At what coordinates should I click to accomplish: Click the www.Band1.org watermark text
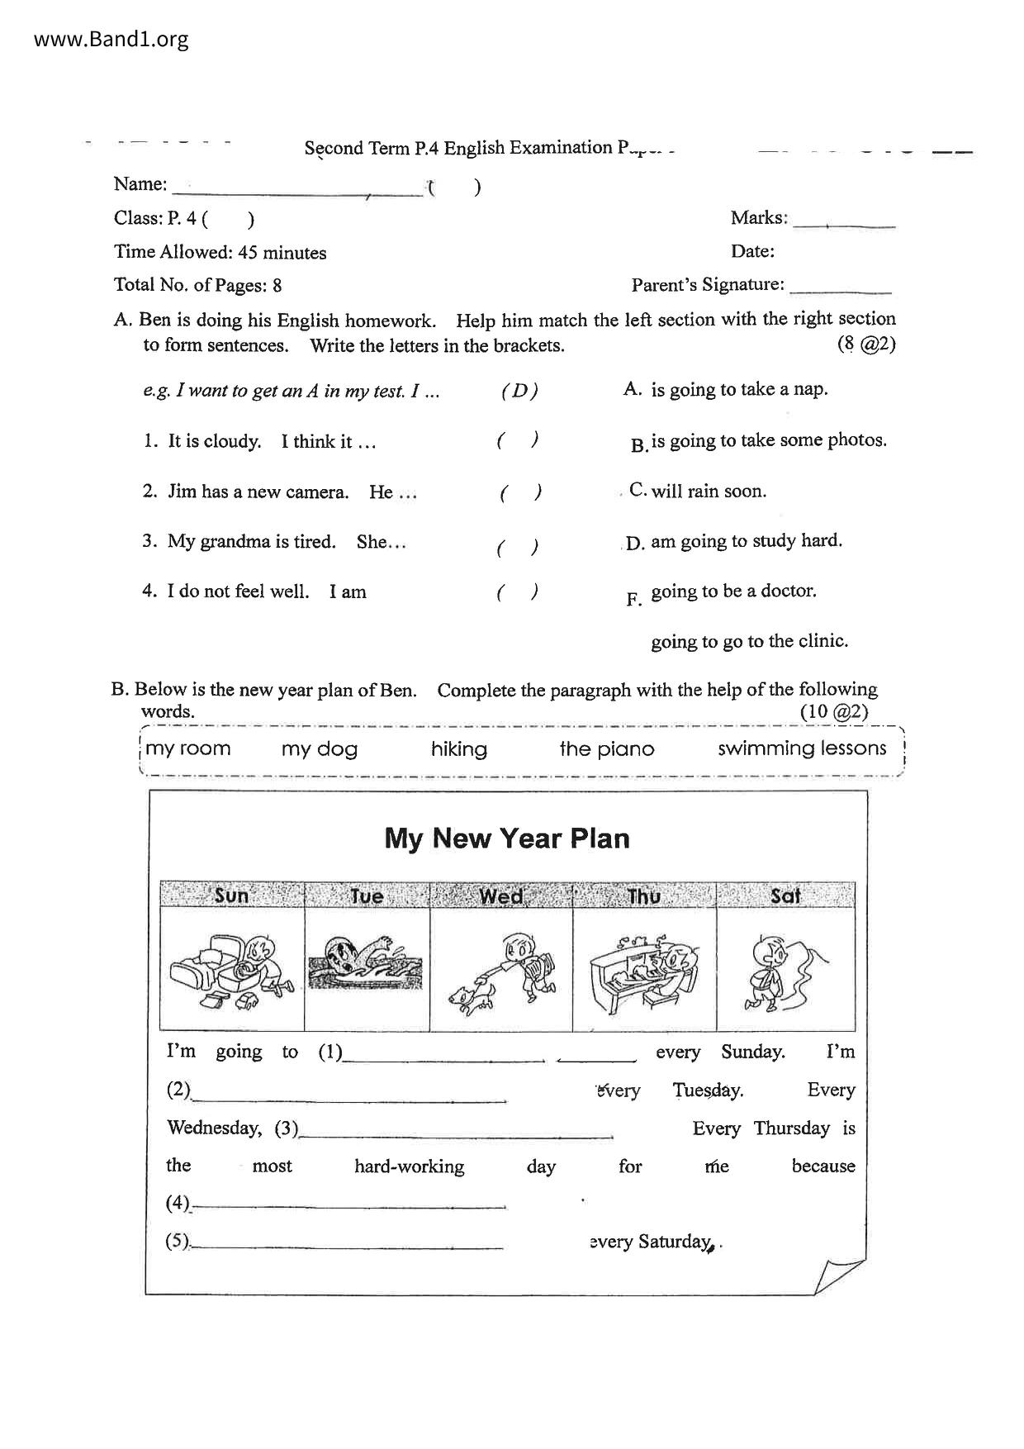111,39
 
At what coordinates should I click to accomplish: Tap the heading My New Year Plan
507,839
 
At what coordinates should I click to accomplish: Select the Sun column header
231,896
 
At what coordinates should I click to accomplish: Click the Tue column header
367,896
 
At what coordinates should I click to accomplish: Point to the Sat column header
785,896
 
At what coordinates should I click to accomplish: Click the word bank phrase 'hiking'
459,749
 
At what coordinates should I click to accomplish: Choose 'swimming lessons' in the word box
802,748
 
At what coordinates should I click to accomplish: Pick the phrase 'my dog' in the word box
320,749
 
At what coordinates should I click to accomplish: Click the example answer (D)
519,392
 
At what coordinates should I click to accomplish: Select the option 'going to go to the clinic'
749,641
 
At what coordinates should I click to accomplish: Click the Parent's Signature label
708,285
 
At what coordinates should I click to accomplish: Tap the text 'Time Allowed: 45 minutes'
220,252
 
